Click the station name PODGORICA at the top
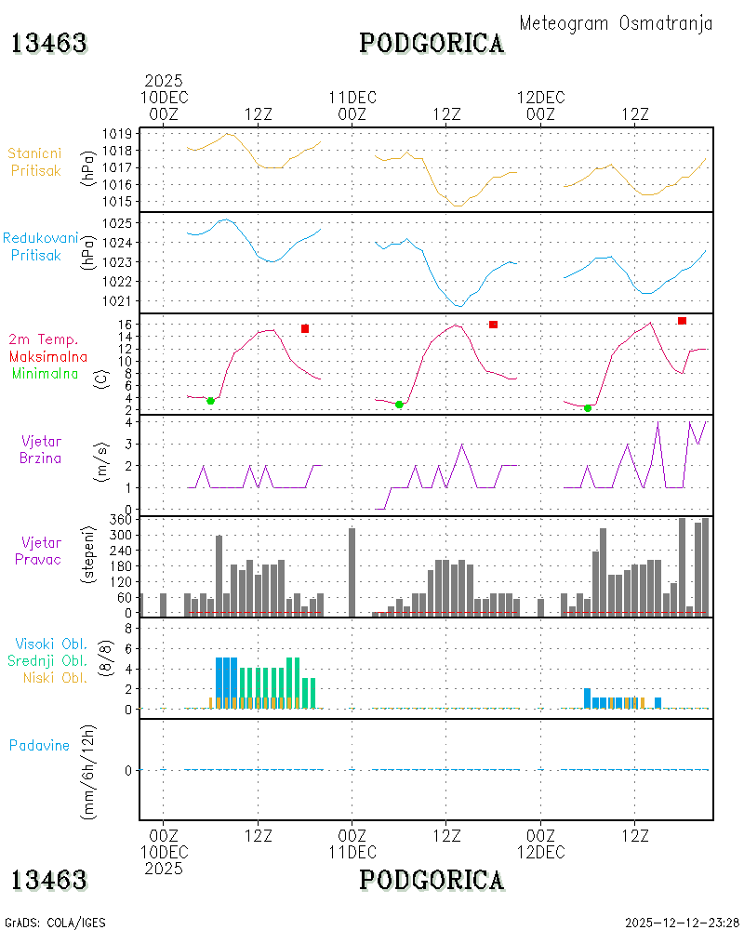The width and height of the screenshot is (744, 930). [432, 44]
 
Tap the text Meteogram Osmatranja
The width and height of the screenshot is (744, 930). [616, 23]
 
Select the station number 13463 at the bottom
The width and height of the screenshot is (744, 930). [49, 880]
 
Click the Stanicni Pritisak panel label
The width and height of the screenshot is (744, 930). [35, 162]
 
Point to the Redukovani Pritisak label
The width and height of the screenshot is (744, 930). [40, 246]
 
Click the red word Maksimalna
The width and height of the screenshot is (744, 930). [48, 356]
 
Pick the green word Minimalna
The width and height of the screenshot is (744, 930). [45, 374]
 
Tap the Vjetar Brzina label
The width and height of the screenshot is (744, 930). [40, 449]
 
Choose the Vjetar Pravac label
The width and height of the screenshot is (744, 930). [38, 551]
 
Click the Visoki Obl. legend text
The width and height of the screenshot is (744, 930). [51, 644]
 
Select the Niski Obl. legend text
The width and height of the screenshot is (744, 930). [55, 677]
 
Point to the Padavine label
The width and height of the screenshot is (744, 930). [39, 746]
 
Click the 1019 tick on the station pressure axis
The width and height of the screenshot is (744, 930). [117, 133]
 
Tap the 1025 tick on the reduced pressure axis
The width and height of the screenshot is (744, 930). [117, 223]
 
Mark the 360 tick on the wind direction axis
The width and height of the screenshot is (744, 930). [121, 520]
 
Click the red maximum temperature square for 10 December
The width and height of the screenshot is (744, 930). [305, 328]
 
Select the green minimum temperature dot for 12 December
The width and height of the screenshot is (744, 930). [588, 408]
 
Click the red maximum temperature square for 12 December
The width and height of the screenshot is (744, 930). [682, 321]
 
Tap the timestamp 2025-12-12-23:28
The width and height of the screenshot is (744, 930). [682, 923]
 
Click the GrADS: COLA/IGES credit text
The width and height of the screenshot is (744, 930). [55, 923]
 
